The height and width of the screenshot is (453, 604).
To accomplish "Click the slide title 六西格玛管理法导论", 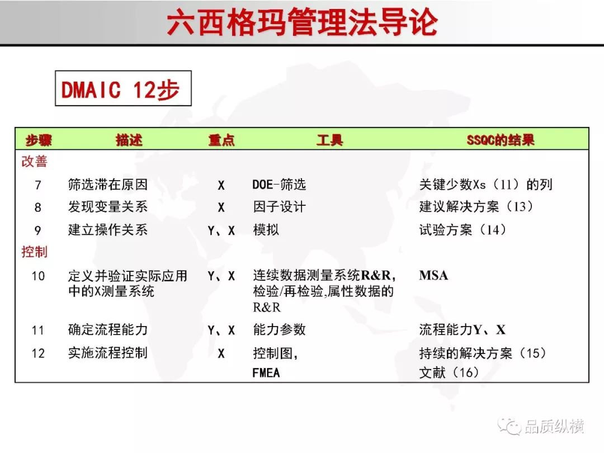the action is [303, 22].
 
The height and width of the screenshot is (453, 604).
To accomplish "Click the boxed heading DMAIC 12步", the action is [121, 89].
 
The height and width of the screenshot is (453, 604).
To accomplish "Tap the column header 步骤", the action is [39, 140].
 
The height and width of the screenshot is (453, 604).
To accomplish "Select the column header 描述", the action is [129, 140].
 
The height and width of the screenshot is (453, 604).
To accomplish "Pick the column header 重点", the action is [221, 140].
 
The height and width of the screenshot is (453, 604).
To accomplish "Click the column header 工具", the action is [330, 140].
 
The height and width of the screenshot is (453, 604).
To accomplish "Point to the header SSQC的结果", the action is [501, 140].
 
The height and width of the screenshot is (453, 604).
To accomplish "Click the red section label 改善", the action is [34, 162].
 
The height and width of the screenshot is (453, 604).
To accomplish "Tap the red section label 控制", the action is [34, 252].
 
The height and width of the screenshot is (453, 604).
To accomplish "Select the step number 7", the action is [38, 185].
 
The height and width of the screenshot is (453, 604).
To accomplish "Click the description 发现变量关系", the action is [108, 207].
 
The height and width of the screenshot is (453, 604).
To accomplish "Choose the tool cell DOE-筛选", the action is [279, 185].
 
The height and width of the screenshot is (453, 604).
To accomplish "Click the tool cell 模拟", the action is [266, 230].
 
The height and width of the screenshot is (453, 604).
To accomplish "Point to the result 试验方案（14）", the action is [463, 230].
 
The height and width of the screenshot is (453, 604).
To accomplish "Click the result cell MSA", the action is [433, 275].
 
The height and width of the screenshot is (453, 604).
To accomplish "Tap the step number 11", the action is [38, 330].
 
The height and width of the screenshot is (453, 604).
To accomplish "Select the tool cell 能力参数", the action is [279, 330].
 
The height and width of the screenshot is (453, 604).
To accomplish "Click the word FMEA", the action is [266, 373].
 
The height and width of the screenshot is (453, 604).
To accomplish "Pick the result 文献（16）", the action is [449, 372].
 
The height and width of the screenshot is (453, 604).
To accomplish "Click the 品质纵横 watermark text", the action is [554, 426].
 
